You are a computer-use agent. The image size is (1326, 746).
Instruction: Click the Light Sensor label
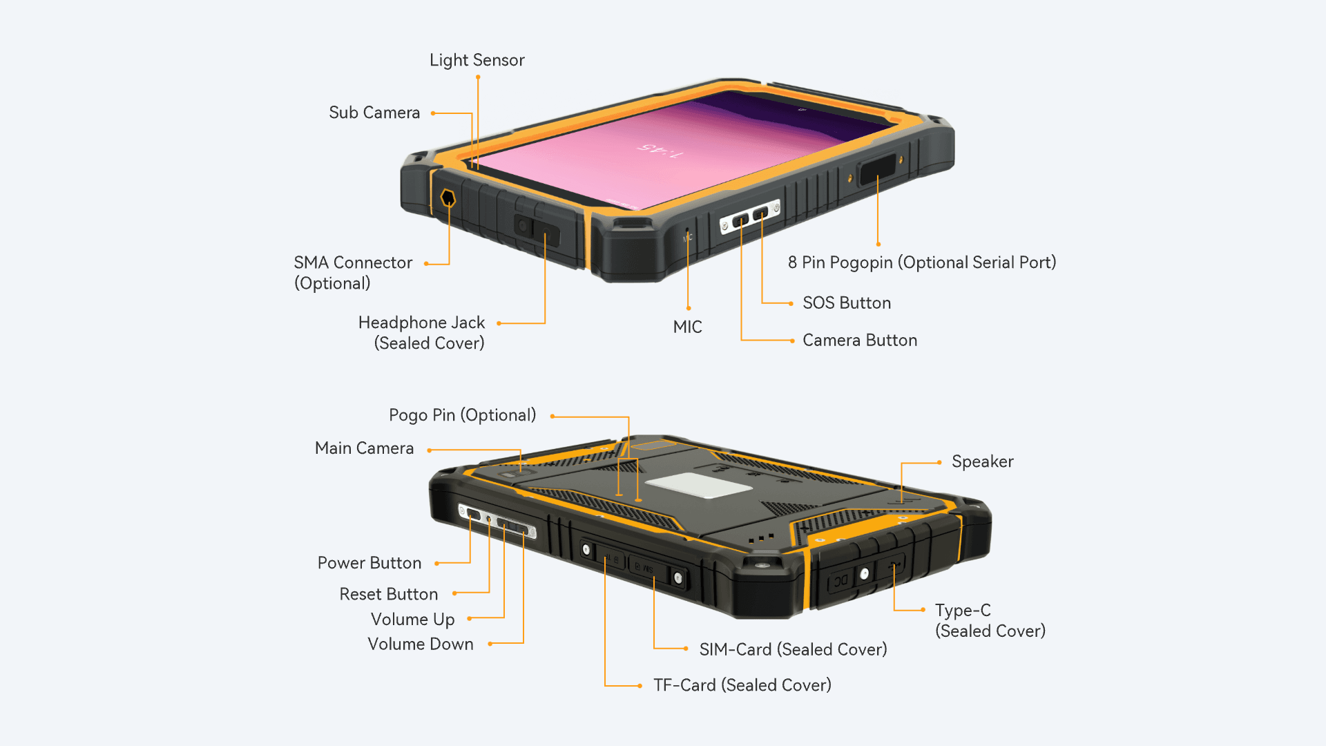click(477, 60)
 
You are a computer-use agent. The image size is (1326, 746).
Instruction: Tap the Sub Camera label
click(374, 113)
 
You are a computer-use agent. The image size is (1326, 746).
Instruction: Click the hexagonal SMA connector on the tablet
click(448, 199)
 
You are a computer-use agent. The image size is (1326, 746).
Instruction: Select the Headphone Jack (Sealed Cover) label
click(422, 333)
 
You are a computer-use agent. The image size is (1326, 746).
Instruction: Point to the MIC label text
click(687, 327)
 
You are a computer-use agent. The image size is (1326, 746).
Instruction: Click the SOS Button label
click(847, 303)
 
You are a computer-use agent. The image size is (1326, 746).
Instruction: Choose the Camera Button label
click(860, 341)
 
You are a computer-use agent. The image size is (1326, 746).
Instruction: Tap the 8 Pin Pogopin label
click(922, 262)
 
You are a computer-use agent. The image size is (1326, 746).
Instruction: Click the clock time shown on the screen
click(660, 150)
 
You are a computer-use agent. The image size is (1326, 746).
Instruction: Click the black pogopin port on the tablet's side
click(878, 169)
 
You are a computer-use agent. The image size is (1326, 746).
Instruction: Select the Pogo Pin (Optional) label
click(462, 415)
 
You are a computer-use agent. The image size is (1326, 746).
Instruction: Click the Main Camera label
click(364, 448)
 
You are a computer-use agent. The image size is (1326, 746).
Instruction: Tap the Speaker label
click(983, 461)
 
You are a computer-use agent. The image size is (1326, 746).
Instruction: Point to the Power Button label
click(369, 563)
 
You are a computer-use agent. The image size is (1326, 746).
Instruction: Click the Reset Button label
click(389, 594)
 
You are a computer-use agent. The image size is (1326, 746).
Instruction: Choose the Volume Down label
click(421, 644)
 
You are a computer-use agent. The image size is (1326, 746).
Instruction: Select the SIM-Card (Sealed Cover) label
click(793, 649)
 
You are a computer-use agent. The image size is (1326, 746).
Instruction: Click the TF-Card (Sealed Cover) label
click(742, 685)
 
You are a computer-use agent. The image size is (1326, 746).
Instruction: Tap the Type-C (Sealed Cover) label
click(990, 620)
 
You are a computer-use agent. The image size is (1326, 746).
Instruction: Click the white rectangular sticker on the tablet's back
click(698, 486)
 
